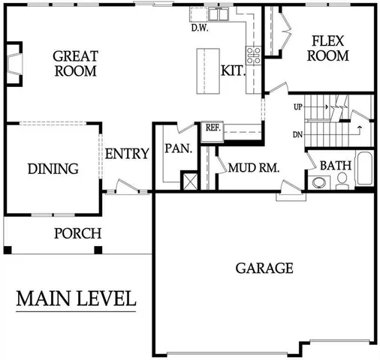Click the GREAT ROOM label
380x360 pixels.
pyautogui.click(x=75, y=63)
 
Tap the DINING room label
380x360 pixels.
pyautogui.click(x=53, y=169)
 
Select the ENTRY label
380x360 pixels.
pyautogui.click(x=126, y=154)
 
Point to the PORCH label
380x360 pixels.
pyautogui.click(x=77, y=233)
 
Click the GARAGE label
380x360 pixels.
pyautogui.click(x=264, y=268)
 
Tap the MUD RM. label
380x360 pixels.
pyautogui.click(x=254, y=169)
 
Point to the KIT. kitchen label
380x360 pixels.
pyautogui.click(x=231, y=71)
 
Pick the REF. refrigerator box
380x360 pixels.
pyautogui.click(x=213, y=128)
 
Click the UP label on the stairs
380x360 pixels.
pyautogui.click(x=298, y=107)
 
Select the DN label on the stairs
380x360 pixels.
pyautogui.click(x=298, y=135)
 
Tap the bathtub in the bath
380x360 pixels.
pyautogui.click(x=364, y=169)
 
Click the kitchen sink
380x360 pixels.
pyautogui.click(x=218, y=13)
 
